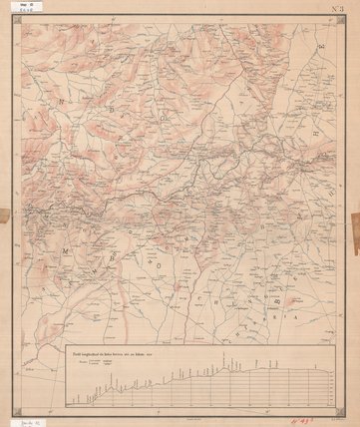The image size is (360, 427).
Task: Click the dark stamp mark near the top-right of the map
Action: (319, 46)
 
